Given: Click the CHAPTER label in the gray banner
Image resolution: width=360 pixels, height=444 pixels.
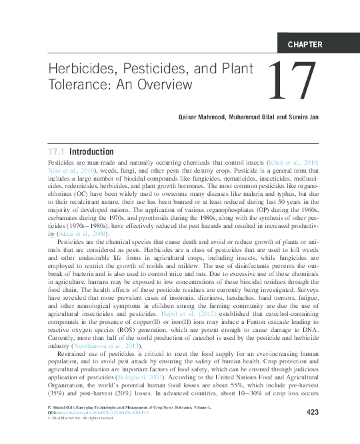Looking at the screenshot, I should (305, 45).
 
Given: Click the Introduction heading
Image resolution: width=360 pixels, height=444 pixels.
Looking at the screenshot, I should (92, 151).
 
